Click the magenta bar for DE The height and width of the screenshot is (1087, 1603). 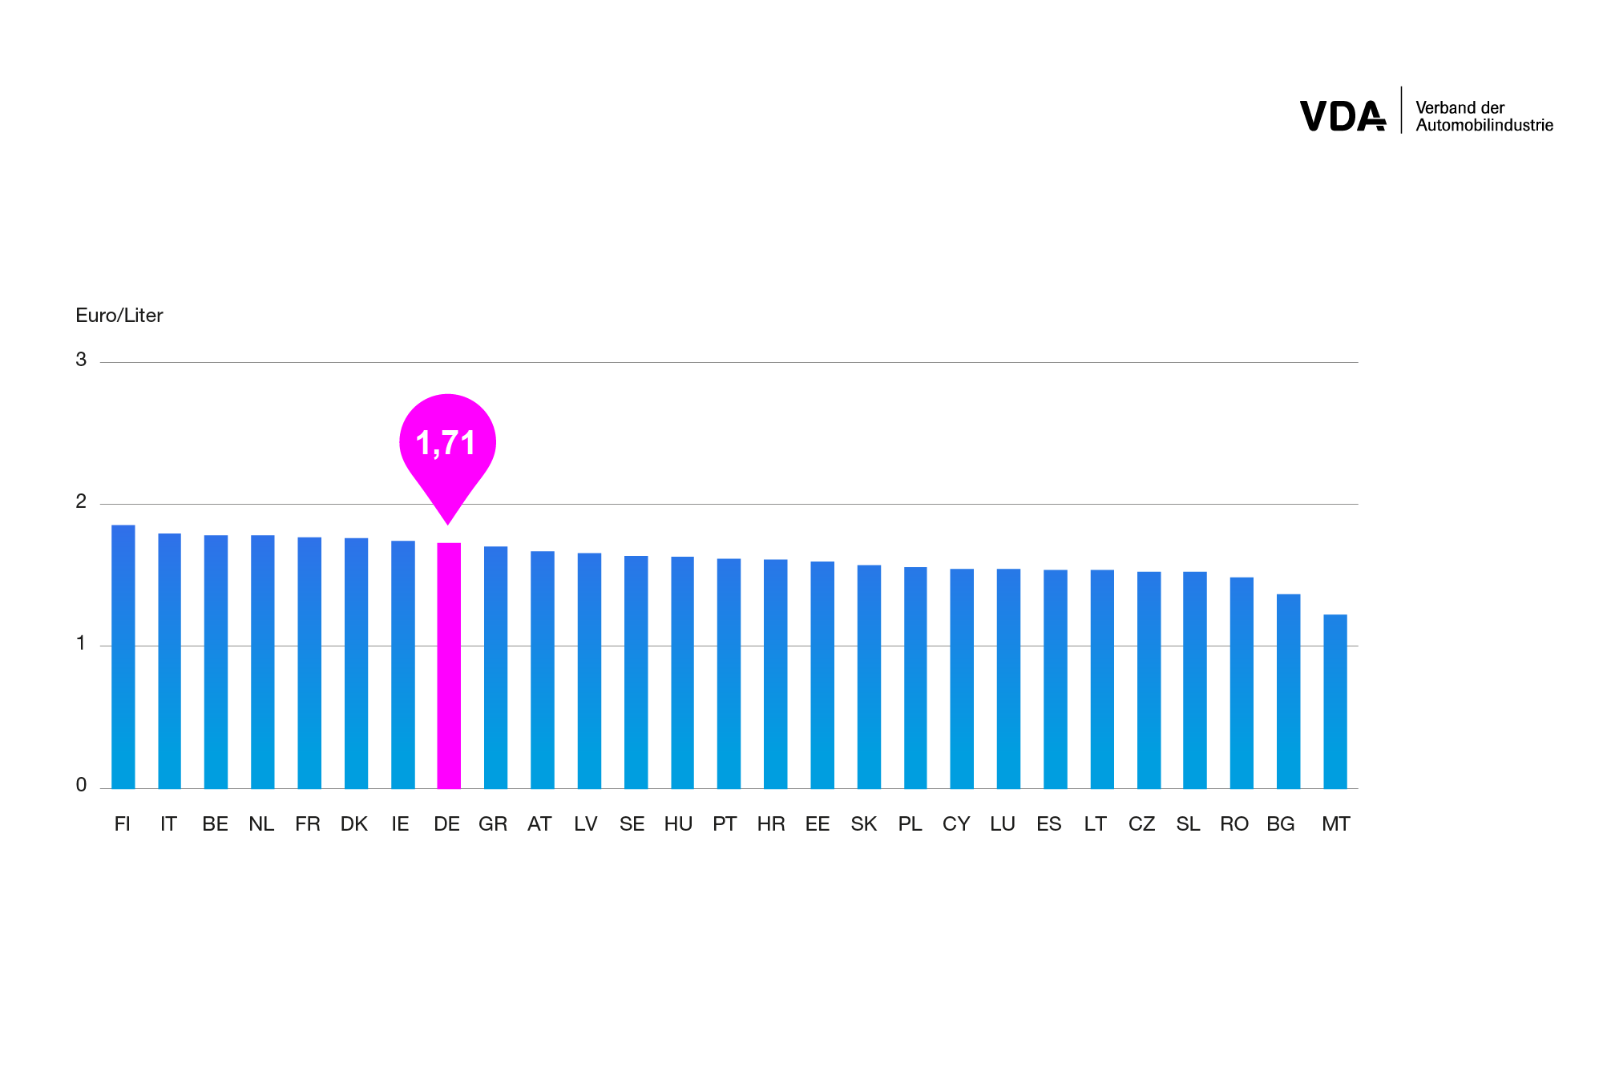click(x=449, y=665)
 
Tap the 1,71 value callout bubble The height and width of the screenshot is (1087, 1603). click(x=447, y=442)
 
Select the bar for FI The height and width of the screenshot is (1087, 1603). click(x=123, y=657)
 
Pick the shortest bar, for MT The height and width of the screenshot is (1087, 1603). click(x=1334, y=702)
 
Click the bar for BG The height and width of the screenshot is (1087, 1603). click(x=1288, y=690)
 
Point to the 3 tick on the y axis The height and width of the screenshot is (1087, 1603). click(x=81, y=360)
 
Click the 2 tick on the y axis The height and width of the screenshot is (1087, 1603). click(x=81, y=501)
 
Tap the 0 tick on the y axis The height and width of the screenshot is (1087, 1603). click(x=81, y=785)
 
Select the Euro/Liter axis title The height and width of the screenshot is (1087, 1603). click(x=119, y=316)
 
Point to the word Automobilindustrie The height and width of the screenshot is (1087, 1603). click(x=1484, y=126)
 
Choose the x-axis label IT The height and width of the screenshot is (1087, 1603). click(x=168, y=824)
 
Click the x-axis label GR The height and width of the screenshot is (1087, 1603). click(x=493, y=824)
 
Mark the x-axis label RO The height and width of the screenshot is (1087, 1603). click(x=1234, y=824)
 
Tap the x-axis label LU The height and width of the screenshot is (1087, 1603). click(x=1003, y=824)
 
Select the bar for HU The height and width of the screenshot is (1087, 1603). click(x=682, y=673)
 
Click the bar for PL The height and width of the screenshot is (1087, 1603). click(x=915, y=678)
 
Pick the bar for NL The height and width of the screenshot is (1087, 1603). click(x=263, y=662)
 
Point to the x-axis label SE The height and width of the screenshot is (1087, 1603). click(x=632, y=824)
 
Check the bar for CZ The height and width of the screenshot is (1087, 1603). click(x=1149, y=680)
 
